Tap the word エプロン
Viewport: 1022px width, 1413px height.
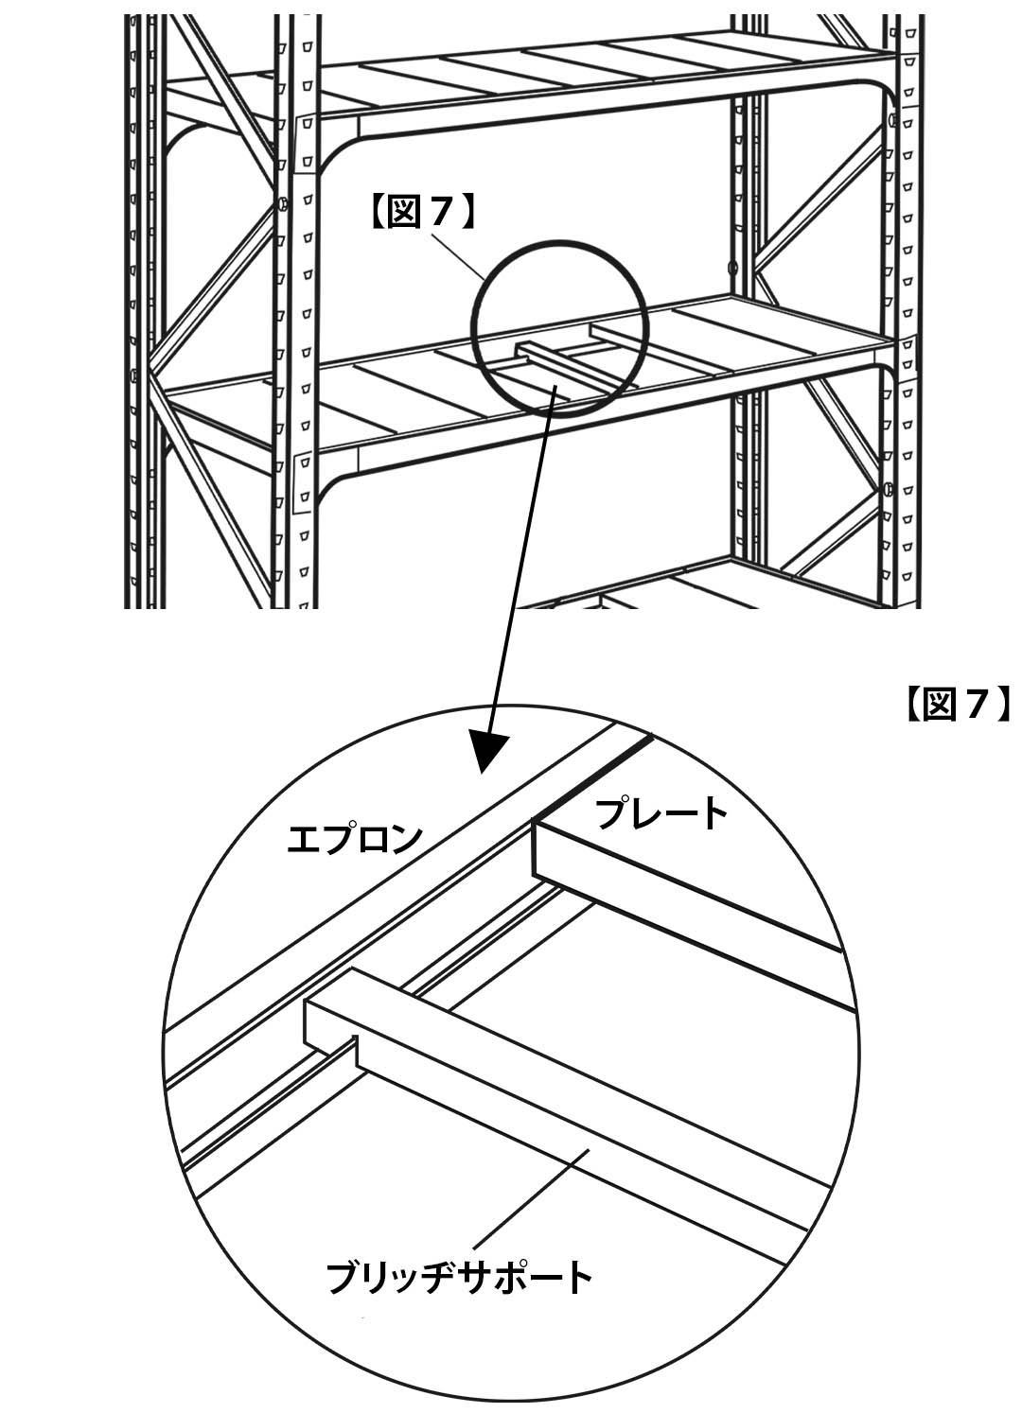[355, 838]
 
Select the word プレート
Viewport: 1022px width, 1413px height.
[662, 813]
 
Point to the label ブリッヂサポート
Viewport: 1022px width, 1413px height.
[459, 1277]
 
